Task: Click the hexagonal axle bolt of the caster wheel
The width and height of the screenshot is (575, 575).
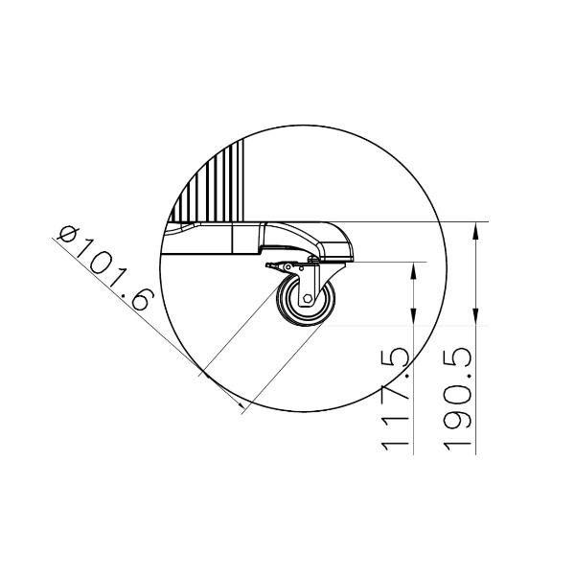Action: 308,299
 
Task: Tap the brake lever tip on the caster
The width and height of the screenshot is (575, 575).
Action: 267,265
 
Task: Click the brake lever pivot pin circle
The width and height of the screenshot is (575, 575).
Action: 288,266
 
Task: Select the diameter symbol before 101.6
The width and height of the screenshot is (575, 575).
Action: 69,234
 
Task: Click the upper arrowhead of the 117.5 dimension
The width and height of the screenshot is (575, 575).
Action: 413,270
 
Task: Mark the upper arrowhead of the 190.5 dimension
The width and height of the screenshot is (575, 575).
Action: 475,231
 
